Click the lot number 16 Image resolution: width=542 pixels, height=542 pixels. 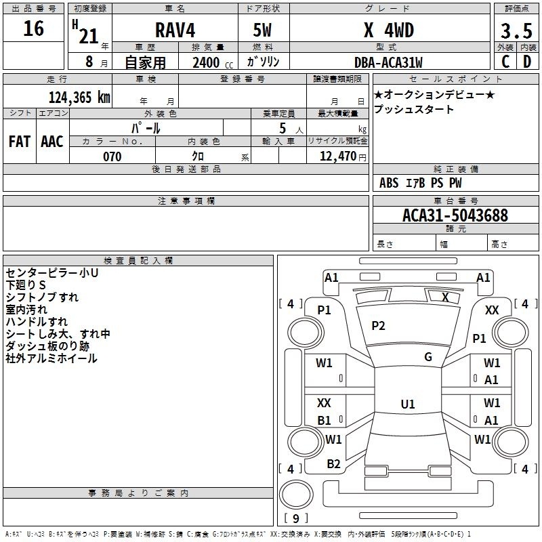click(x=33, y=28)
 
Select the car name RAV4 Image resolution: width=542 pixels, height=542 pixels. click(x=175, y=30)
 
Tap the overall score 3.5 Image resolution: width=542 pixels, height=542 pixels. click(x=516, y=31)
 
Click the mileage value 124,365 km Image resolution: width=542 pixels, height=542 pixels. click(x=79, y=98)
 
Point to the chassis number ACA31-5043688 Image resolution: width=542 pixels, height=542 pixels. click(x=455, y=215)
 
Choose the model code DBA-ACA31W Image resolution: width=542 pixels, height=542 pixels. click(x=388, y=62)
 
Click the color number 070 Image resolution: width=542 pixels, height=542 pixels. click(x=112, y=157)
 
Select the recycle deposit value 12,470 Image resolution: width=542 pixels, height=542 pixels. click(x=338, y=157)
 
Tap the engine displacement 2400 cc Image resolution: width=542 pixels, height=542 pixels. click(x=213, y=62)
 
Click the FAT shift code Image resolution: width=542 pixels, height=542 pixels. click(x=20, y=142)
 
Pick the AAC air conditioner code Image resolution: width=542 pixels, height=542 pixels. click(x=52, y=142)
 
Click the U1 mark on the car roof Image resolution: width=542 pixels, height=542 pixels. click(x=408, y=404)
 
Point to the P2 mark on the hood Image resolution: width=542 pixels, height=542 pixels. click(x=378, y=326)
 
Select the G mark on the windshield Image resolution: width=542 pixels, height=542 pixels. click(x=428, y=357)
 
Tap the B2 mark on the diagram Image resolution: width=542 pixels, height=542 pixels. click(x=333, y=464)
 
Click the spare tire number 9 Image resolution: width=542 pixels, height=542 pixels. click(x=296, y=518)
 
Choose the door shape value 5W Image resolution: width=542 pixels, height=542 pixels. click(x=262, y=30)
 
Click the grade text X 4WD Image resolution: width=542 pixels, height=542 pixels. click(x=389, y=30)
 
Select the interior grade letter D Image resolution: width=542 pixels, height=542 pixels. click(x=527, y=62)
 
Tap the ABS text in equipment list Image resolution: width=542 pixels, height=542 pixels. click(x=389, y=183)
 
